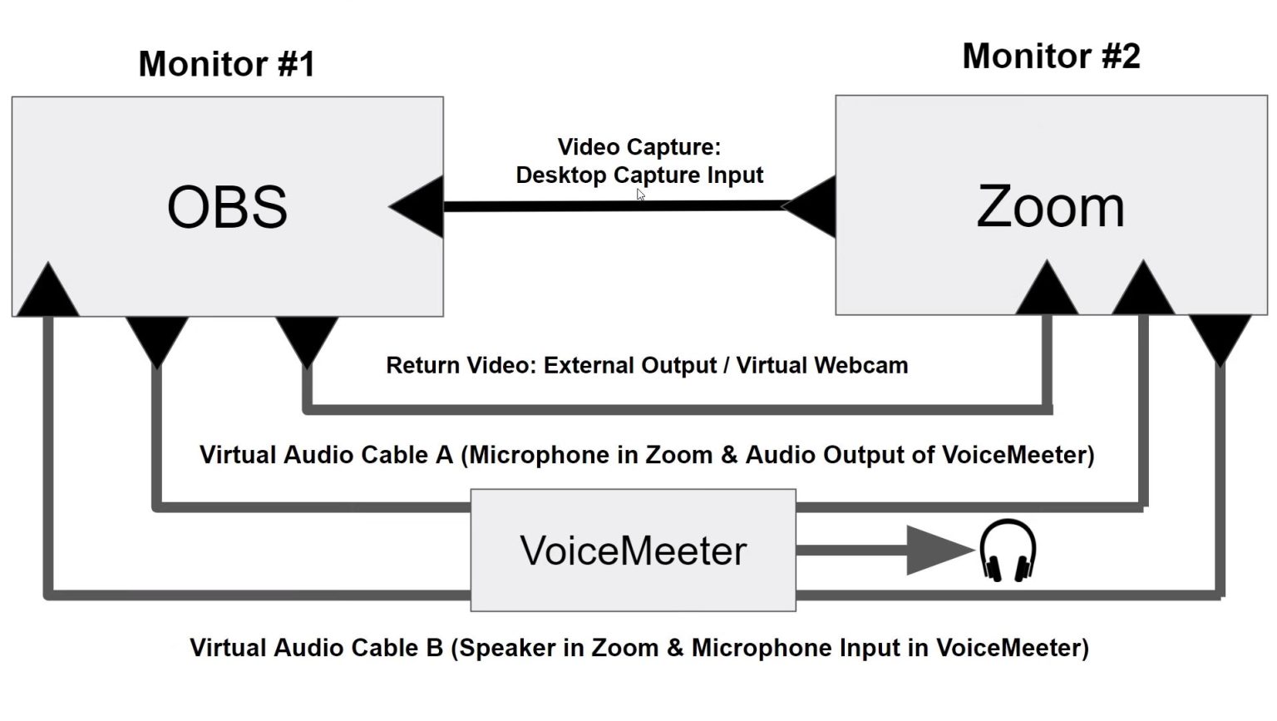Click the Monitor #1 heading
pos(226,64)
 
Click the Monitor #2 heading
pos(1051,57)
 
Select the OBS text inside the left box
pos(227,207)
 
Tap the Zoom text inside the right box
pos(1050,207)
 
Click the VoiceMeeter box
pos(633,551)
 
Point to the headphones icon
pos(1008,550)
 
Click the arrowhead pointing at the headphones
pos(938,550)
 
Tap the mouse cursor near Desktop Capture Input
pos(640,195)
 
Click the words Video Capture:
pos(638,147)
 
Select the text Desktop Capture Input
pos(639,175)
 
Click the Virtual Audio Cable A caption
pos(647,455)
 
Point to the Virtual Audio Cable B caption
pos(638,648)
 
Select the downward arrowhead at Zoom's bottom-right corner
pos(1220,337)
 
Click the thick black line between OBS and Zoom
pos(614,206)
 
